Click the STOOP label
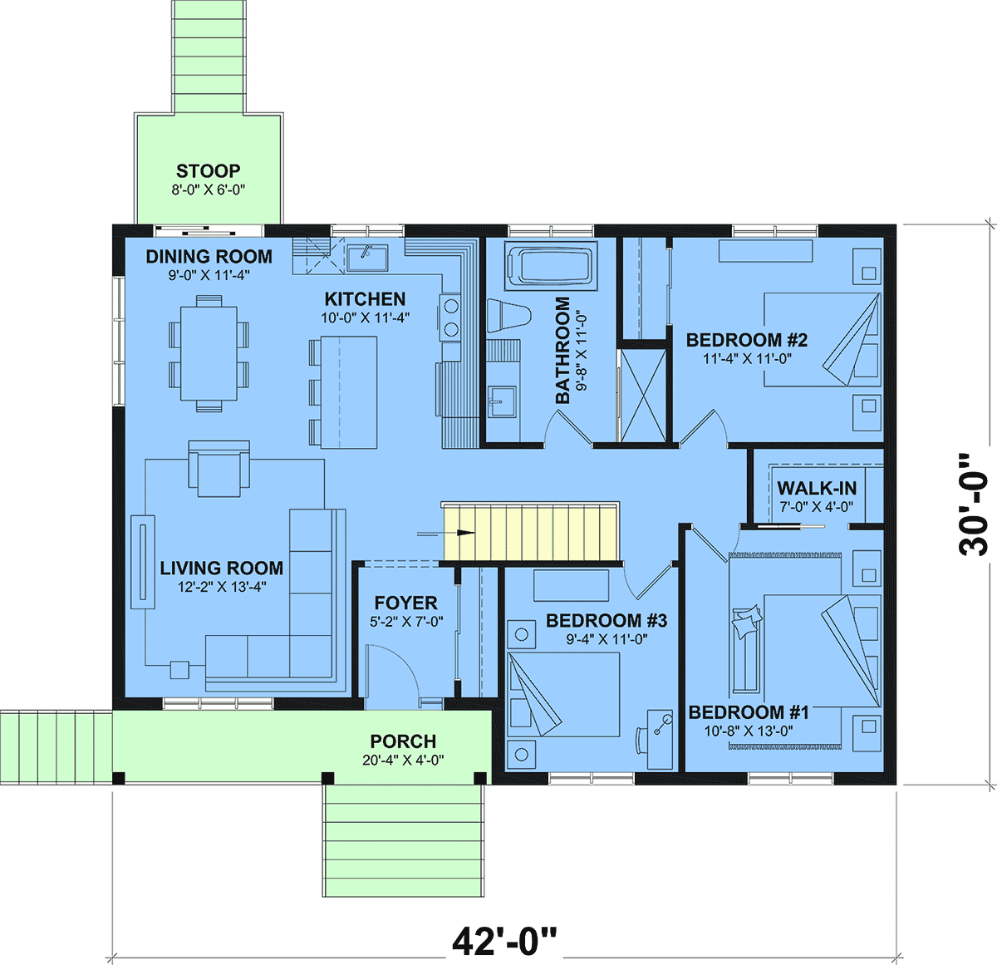(x=208, y=170)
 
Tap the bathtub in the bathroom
(x=551, y=264)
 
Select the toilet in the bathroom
(x=507, y=313)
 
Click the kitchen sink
(x=367, y=258)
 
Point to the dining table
(x=209, y=353)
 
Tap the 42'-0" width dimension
(x=504, y=940)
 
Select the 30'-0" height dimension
(x=972, y=505)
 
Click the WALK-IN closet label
(x=817, y=488)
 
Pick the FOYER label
(x=405, y=603)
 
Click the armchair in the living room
(x=219, y=469)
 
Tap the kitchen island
(x=349, y=392)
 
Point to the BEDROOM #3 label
(x=606, y=621)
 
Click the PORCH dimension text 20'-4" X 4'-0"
(x=403, y=760)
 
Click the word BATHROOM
(x=562, y=350)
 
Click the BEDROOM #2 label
(x=746, y=340)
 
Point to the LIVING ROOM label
(x=221, y=568)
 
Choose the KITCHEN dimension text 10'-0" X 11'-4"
(x=365, y=318)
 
